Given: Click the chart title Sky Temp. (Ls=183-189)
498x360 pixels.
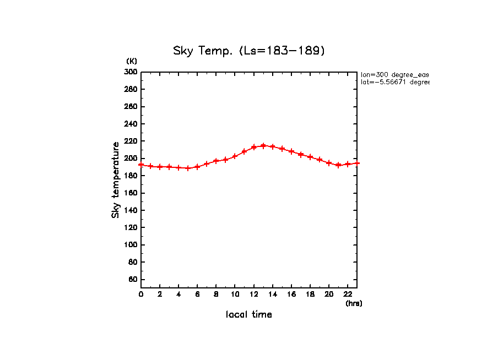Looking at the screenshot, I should tap(249, 51).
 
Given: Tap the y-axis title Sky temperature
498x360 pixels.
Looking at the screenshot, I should tap(116, 180).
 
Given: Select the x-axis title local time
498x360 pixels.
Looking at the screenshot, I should tap(249, 315).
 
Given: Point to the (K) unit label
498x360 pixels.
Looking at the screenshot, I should tap(132, 61).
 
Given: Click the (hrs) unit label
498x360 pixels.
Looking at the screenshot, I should tap(354, 303).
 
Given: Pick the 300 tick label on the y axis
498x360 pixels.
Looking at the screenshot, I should tap(131, 72).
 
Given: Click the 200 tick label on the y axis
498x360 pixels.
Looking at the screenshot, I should tap(131, 158).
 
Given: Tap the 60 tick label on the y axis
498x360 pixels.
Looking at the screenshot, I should tap(132, 279).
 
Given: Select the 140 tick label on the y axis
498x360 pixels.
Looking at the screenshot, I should tap(131, 210).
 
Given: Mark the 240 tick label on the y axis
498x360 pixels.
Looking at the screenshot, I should tap(131, 124).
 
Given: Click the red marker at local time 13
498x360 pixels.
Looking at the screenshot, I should tap(263, 146).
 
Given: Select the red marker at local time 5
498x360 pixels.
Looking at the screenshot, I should tap(188, 168).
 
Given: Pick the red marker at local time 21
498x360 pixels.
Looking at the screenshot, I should tap(338, 165).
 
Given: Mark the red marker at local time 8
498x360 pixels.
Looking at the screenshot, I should tap(216, 161).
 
